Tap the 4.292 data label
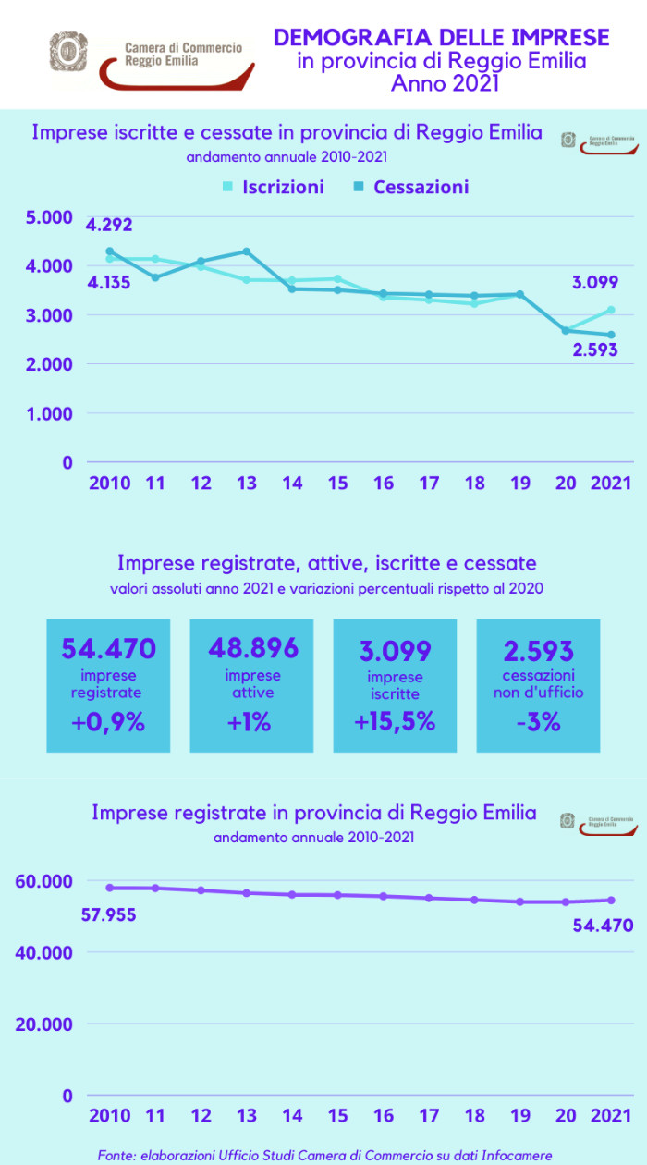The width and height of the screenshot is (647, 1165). (109, 225)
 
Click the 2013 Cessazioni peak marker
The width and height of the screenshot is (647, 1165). (246, 251)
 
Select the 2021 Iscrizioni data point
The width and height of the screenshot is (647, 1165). (612, 310)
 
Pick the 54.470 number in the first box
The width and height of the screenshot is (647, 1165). (109, 648)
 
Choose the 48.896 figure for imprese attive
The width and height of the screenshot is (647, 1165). (252, 647)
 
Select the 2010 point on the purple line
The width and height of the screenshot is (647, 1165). (110, 888)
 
